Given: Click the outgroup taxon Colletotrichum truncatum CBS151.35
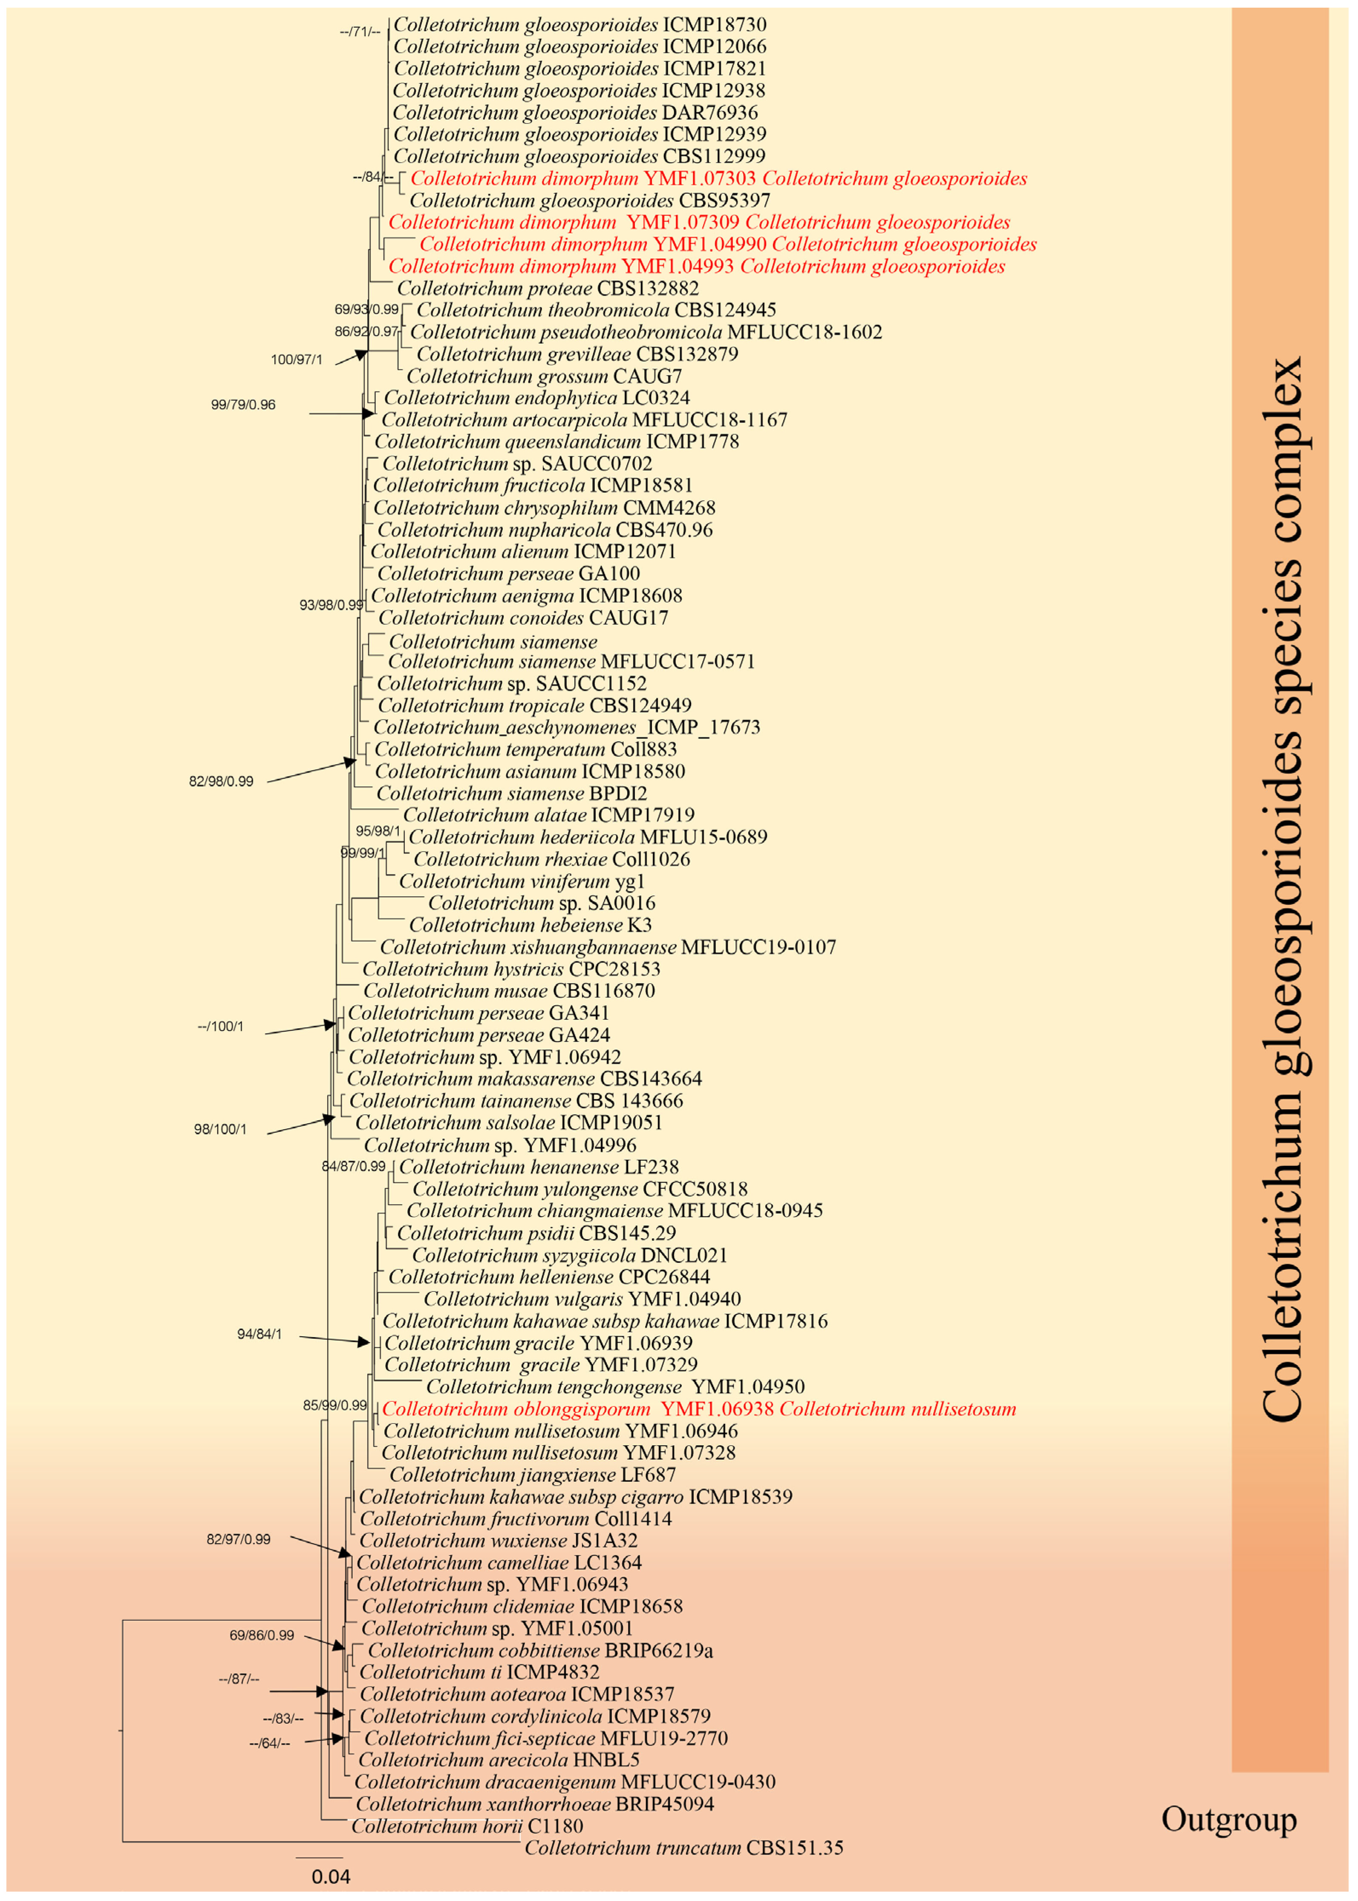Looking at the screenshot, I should click(x=683, y=1847).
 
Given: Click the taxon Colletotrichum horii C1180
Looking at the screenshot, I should click(x=467, y=1826).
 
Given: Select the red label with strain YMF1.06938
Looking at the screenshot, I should click(x=698, y=1409).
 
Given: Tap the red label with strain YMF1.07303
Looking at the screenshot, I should click(x=718, y=178).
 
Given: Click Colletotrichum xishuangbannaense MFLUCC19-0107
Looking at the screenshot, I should click(x=607, y=947).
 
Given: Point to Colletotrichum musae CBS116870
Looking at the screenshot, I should click(x=508, y=991).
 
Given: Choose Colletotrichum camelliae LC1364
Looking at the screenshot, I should click(x=499, y=1562).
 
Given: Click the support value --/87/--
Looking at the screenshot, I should click(x=239, y=1679).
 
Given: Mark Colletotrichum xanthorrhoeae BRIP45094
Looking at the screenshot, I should click(x=534, y=1804).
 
